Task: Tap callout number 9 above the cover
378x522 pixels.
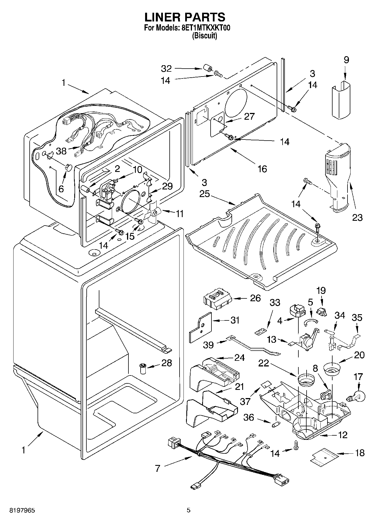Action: pos(346,60)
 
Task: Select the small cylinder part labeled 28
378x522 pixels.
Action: pos(143,369)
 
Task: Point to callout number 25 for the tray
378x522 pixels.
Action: pos(204,195)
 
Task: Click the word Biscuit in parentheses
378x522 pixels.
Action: pos(205,36)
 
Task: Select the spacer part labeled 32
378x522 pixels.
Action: pos(207,69)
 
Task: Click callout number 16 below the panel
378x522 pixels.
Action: pos(262,169)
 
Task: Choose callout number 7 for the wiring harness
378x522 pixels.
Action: pos(158,469)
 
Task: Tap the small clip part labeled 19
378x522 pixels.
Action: pos(321,312)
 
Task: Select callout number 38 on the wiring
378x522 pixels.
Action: pos(61,151)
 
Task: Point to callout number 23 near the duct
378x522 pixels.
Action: pos(357,217)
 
